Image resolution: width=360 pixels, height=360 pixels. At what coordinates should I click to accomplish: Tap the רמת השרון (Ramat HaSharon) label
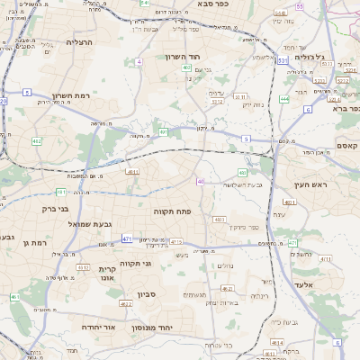point(72,94)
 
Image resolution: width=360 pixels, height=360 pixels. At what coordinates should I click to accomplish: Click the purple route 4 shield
point(139,62)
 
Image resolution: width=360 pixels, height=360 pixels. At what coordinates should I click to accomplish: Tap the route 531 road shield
point(283,59)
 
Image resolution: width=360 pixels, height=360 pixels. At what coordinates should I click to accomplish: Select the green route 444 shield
point(284,99)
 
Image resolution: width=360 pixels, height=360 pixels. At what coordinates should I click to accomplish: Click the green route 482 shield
point(37,141)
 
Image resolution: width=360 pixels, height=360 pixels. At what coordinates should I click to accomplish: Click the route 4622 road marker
point(125,304)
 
